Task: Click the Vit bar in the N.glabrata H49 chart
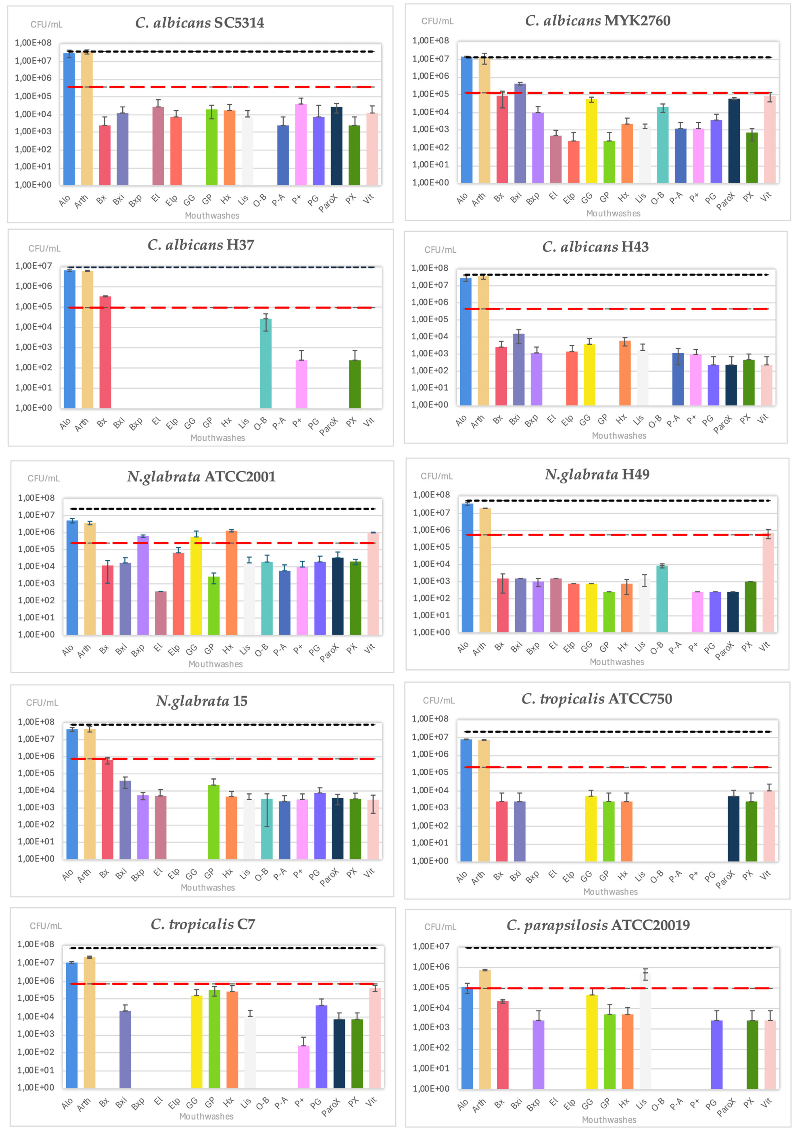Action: point(768,582)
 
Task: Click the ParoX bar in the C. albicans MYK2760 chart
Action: point(734,141)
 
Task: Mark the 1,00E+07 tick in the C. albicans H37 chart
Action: point(34,266)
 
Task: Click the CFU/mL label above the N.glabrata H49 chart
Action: point(436,476)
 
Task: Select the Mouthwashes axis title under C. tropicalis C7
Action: point(206,1116)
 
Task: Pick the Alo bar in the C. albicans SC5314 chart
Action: point(69,119)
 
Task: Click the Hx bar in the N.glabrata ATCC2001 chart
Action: point(231,582)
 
